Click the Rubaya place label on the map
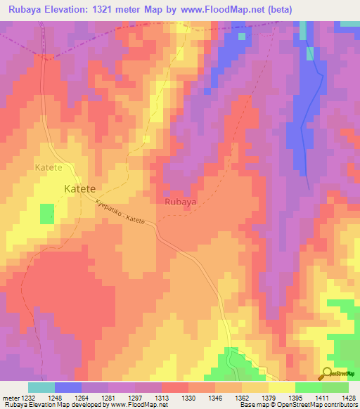(180, 202)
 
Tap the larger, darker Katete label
(79, 188)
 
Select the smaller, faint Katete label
(49, 167)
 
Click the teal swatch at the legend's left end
(41, 387)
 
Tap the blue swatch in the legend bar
(68, 387)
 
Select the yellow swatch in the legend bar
(281, 387)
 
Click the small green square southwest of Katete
(47, 214)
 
